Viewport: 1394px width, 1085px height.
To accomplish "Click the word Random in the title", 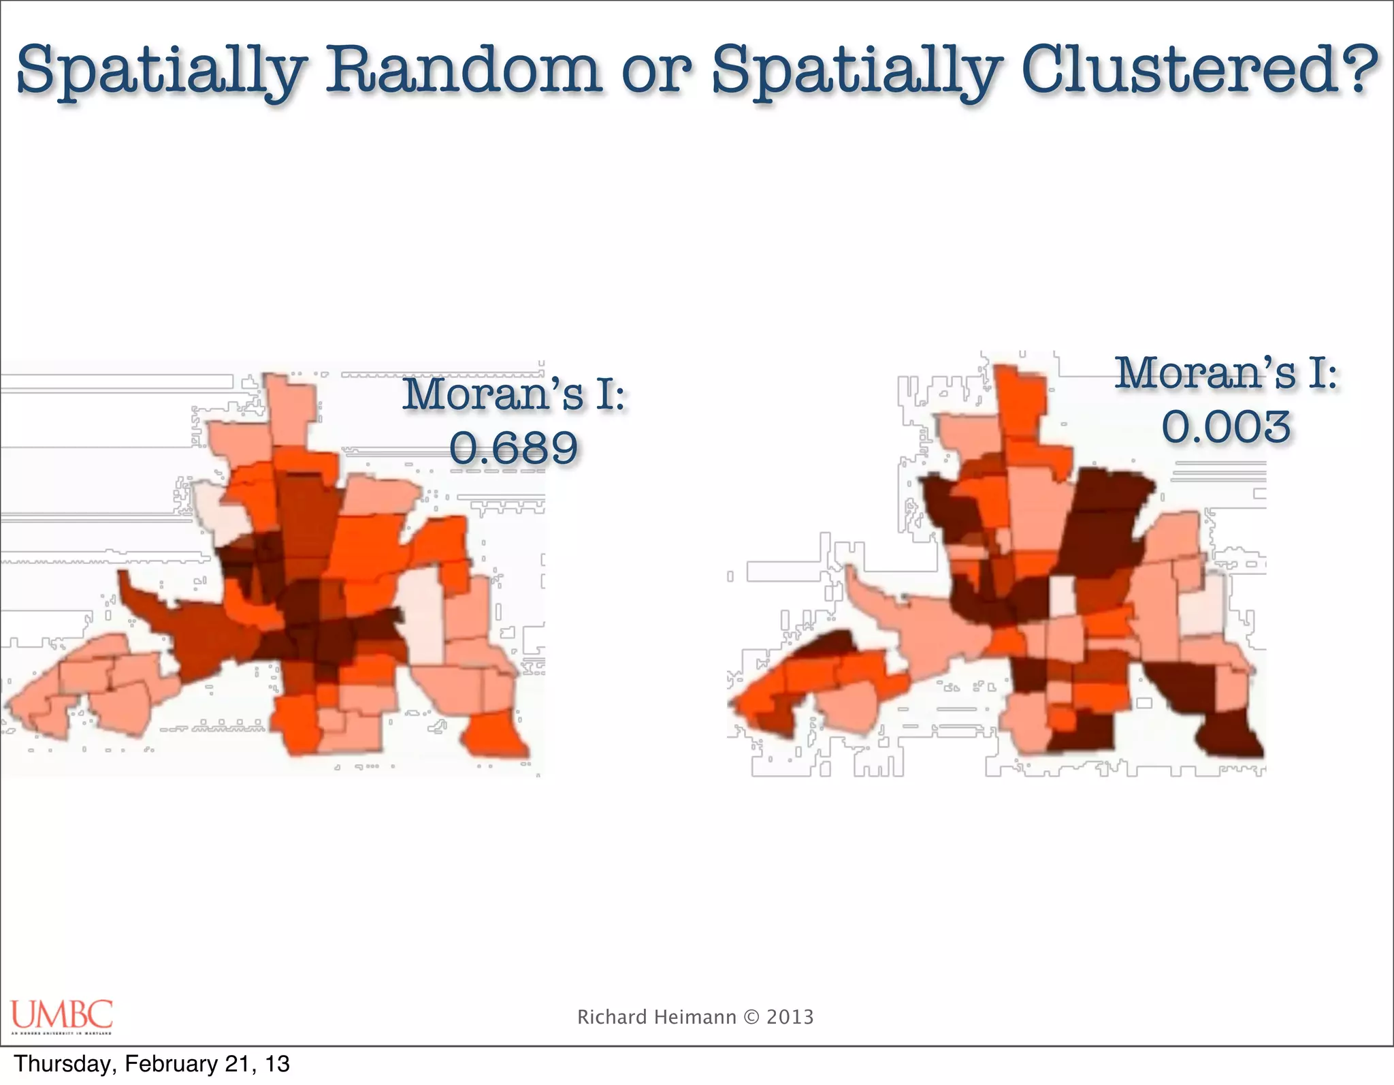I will coord(464,70).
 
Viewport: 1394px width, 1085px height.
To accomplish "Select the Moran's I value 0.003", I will coord(1226,427).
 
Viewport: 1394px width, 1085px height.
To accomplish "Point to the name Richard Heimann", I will coord(656,1017).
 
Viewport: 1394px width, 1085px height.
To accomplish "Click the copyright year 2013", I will coord(790,1017).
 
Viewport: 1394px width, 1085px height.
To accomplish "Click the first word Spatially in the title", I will coord(161,70).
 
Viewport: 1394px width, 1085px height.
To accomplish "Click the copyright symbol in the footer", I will coord(751,1017).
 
